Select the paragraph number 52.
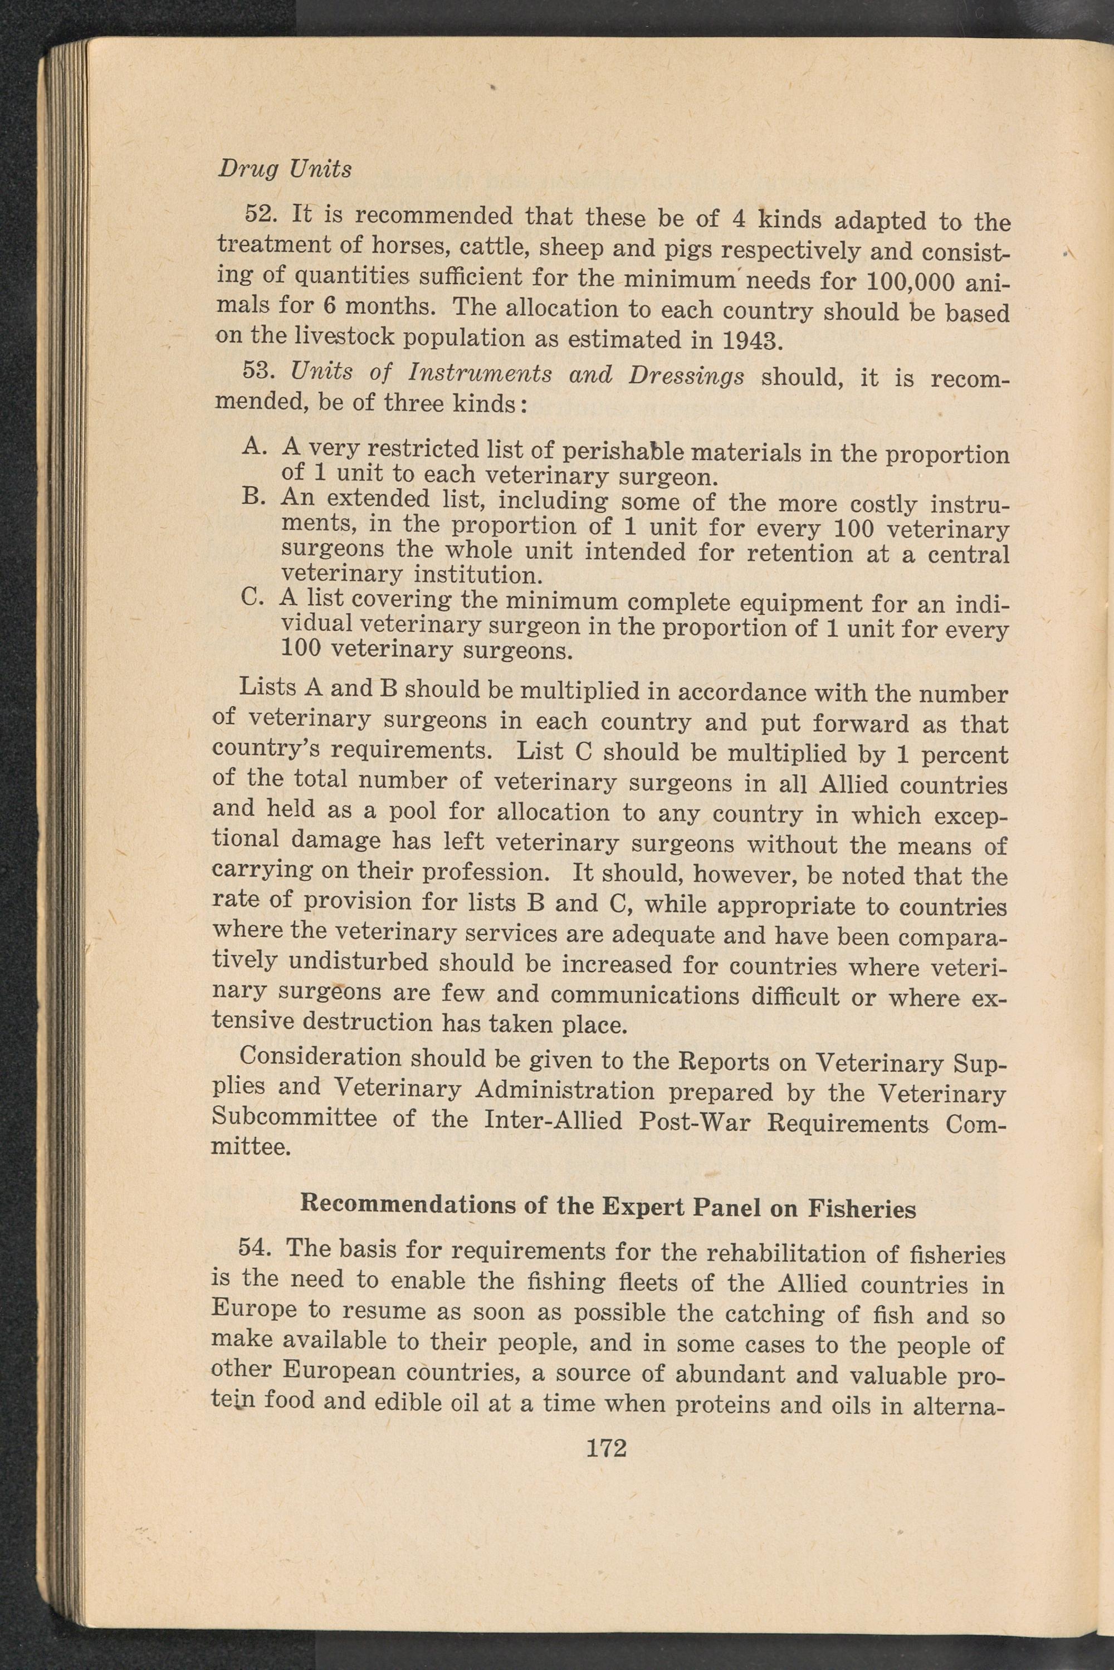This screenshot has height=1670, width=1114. (261, 214)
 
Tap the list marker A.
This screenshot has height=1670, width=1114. (253, 446)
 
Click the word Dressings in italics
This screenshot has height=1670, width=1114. (686, 375)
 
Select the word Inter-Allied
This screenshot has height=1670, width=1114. (553, 1120)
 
